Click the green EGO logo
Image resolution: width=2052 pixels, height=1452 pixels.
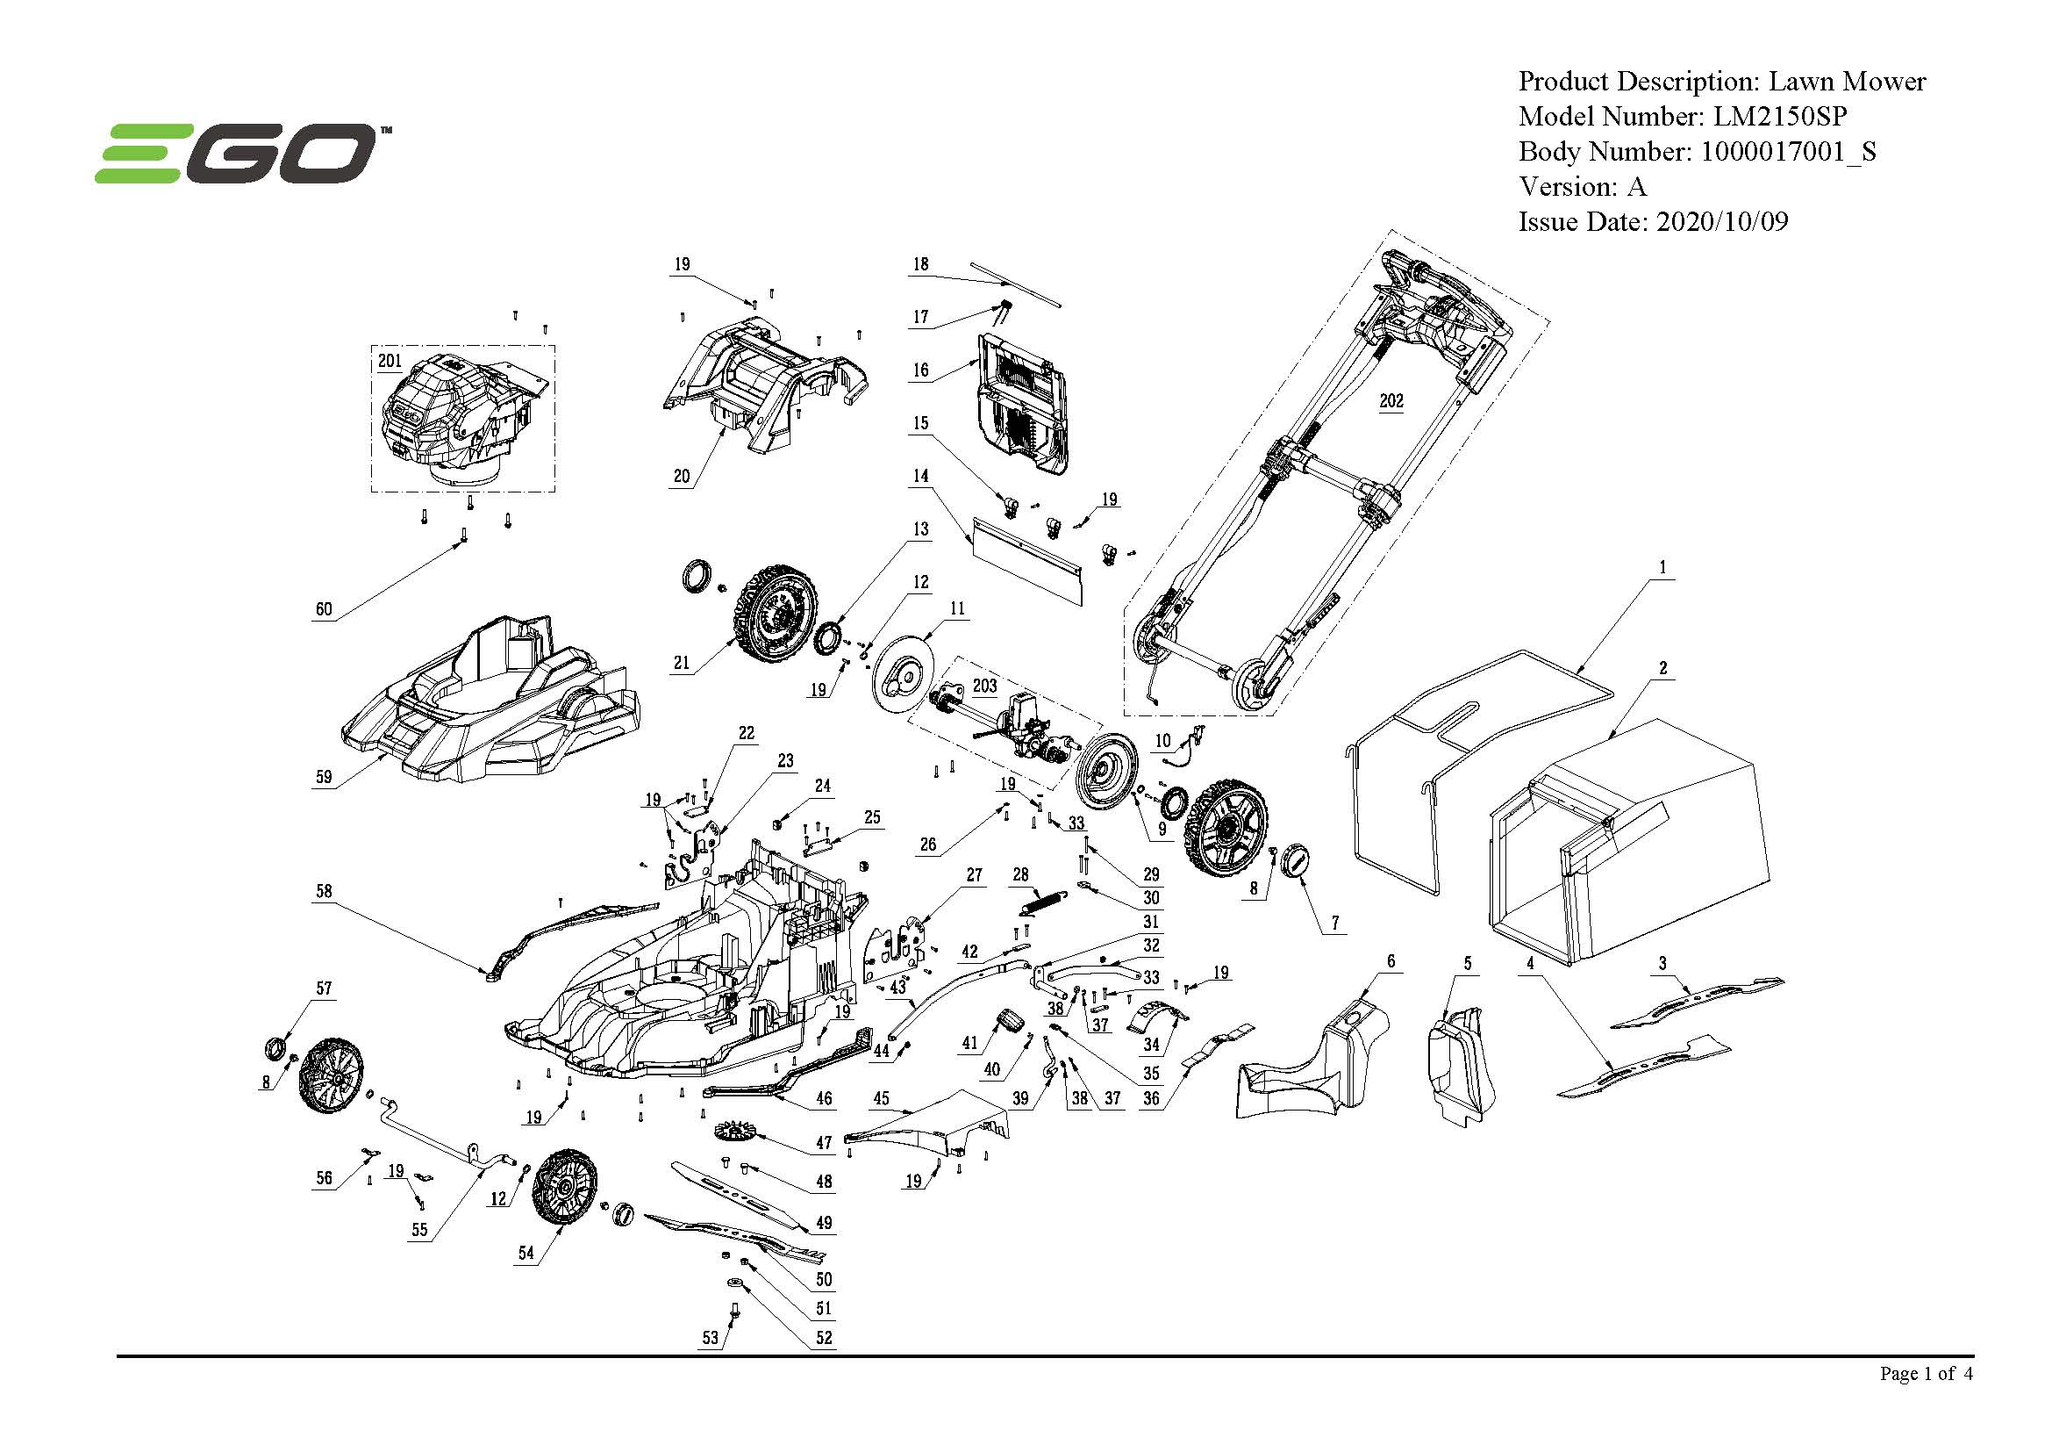tap(237, 153)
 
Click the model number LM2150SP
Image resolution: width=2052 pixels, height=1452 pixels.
tap(1778, 116)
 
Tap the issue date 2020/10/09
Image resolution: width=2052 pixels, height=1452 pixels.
tap(1721, 222)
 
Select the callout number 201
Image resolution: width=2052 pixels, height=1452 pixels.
tap(390, 361)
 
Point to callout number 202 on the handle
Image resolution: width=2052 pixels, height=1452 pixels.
tap(1391, 400)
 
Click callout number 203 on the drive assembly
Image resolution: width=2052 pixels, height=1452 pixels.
tap(984, 686)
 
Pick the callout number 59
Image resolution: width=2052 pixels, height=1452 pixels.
tap(324, 776)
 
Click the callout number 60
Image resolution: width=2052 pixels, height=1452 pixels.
tap(324, 609)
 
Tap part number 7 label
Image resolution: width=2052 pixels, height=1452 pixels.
tap(1335, 923)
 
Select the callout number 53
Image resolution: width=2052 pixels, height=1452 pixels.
tap(710, 1338)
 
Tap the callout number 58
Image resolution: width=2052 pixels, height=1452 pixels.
tap(324, 890)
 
